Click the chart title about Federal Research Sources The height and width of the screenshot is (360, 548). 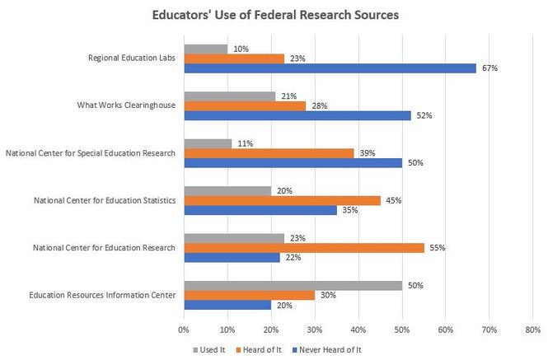[274, 15]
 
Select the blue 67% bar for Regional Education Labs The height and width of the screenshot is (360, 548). [330, 68]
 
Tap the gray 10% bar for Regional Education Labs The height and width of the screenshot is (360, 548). [205, 49]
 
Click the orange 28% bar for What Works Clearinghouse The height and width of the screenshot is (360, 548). [245, 105]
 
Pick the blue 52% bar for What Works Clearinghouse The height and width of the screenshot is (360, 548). [297, 116]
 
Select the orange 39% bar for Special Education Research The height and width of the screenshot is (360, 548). [269, 153]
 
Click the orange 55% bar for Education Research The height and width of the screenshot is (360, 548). [303, 246]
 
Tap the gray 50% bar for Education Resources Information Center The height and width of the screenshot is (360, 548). [293, 284]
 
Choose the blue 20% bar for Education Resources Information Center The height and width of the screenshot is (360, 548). [227, 304]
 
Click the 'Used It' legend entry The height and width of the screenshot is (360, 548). [209, 349]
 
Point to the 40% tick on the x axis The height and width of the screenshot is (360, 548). [358, 329]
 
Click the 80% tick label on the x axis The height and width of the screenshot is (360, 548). [532, 329]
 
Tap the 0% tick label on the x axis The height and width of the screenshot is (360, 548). [183, 329]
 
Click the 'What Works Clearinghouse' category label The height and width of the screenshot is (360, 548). [132, 105]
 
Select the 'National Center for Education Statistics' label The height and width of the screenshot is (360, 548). [104, 200]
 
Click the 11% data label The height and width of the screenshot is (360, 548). [245, 143]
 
